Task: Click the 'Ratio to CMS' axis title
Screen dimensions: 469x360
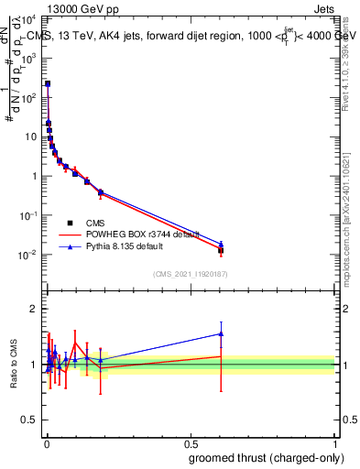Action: [x=14, y=364]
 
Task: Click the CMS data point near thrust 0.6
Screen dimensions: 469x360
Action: [x=221, y=250]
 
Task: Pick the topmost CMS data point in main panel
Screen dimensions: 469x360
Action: [x=48, y=83]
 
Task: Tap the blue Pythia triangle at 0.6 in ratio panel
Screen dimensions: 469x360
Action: [x=221, y=333]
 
